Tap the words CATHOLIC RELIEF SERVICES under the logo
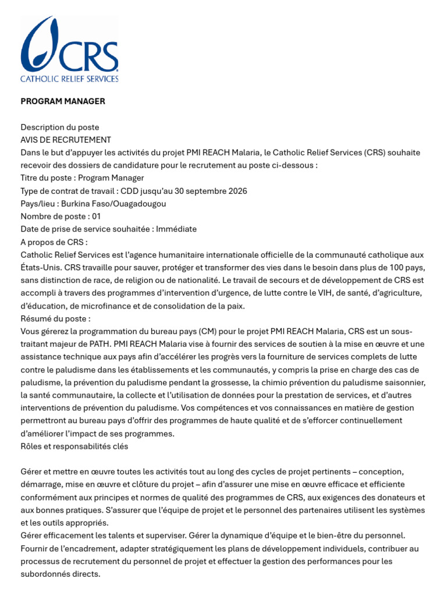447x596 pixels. (69, 78)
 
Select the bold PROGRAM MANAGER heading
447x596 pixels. (63, 101)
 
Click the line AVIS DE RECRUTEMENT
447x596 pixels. (66, 140)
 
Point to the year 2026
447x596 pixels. (236, 191)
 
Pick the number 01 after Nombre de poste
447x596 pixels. (97, 217)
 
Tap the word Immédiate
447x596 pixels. (176, 229)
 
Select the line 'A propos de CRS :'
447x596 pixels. (54, 242)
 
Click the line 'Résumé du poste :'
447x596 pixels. (55, 319)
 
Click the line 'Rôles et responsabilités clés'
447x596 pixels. (74, 446)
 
